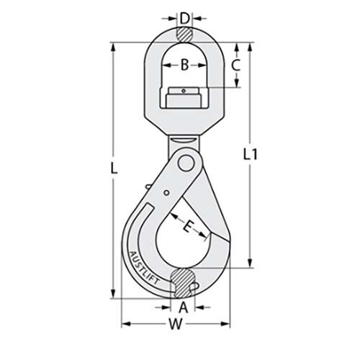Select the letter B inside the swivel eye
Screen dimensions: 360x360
pyautogui.click(x=184, y=66)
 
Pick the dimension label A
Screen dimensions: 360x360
pyautogui.click(x=184, y=307)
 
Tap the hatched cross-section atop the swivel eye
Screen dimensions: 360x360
pyautogui.click(x=184, y=33)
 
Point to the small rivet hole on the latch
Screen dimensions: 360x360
pyautogui.click(x=166, y=192)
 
